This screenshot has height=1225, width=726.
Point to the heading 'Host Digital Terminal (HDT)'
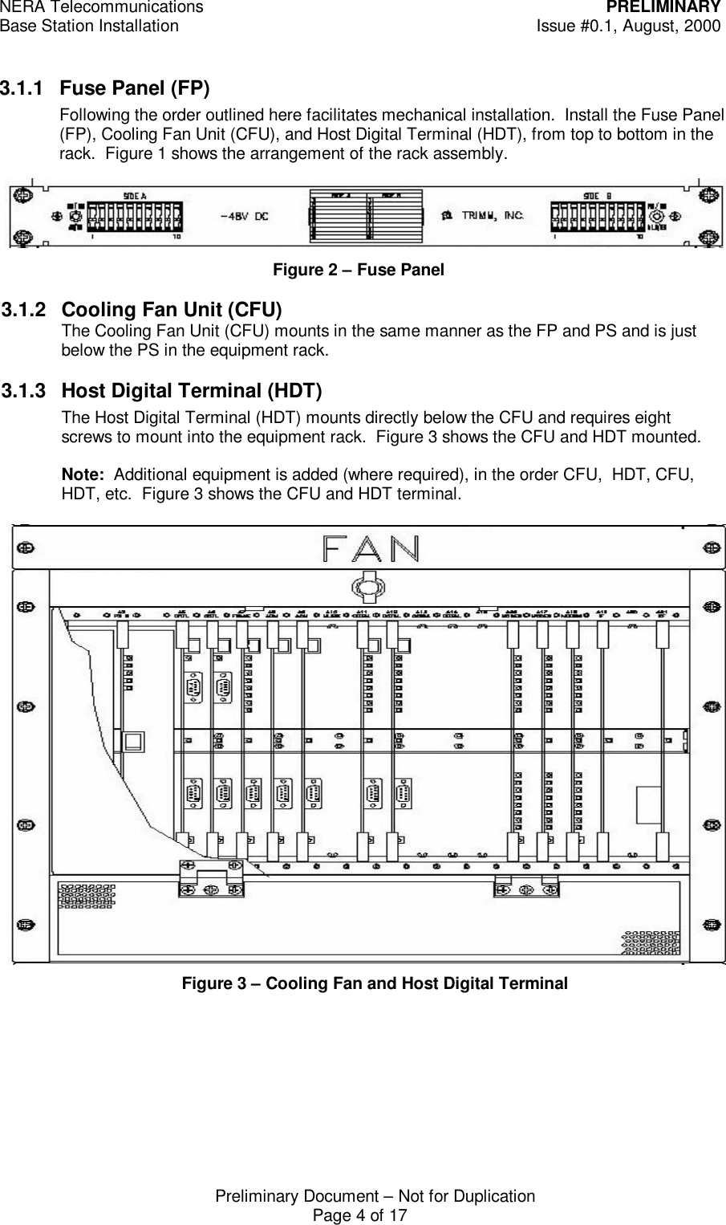point(192,391)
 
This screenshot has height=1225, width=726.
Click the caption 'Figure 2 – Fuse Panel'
point(358,271)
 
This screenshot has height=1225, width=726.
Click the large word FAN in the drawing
point(370,549)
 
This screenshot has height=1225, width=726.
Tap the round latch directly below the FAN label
point(367,588)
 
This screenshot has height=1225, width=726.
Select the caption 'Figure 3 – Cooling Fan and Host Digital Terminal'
point(375,983)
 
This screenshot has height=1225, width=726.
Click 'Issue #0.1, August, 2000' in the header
point(628,26)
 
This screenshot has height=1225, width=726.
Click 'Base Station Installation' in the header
point(90,26)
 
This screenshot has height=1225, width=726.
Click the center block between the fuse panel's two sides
point(367,216)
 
